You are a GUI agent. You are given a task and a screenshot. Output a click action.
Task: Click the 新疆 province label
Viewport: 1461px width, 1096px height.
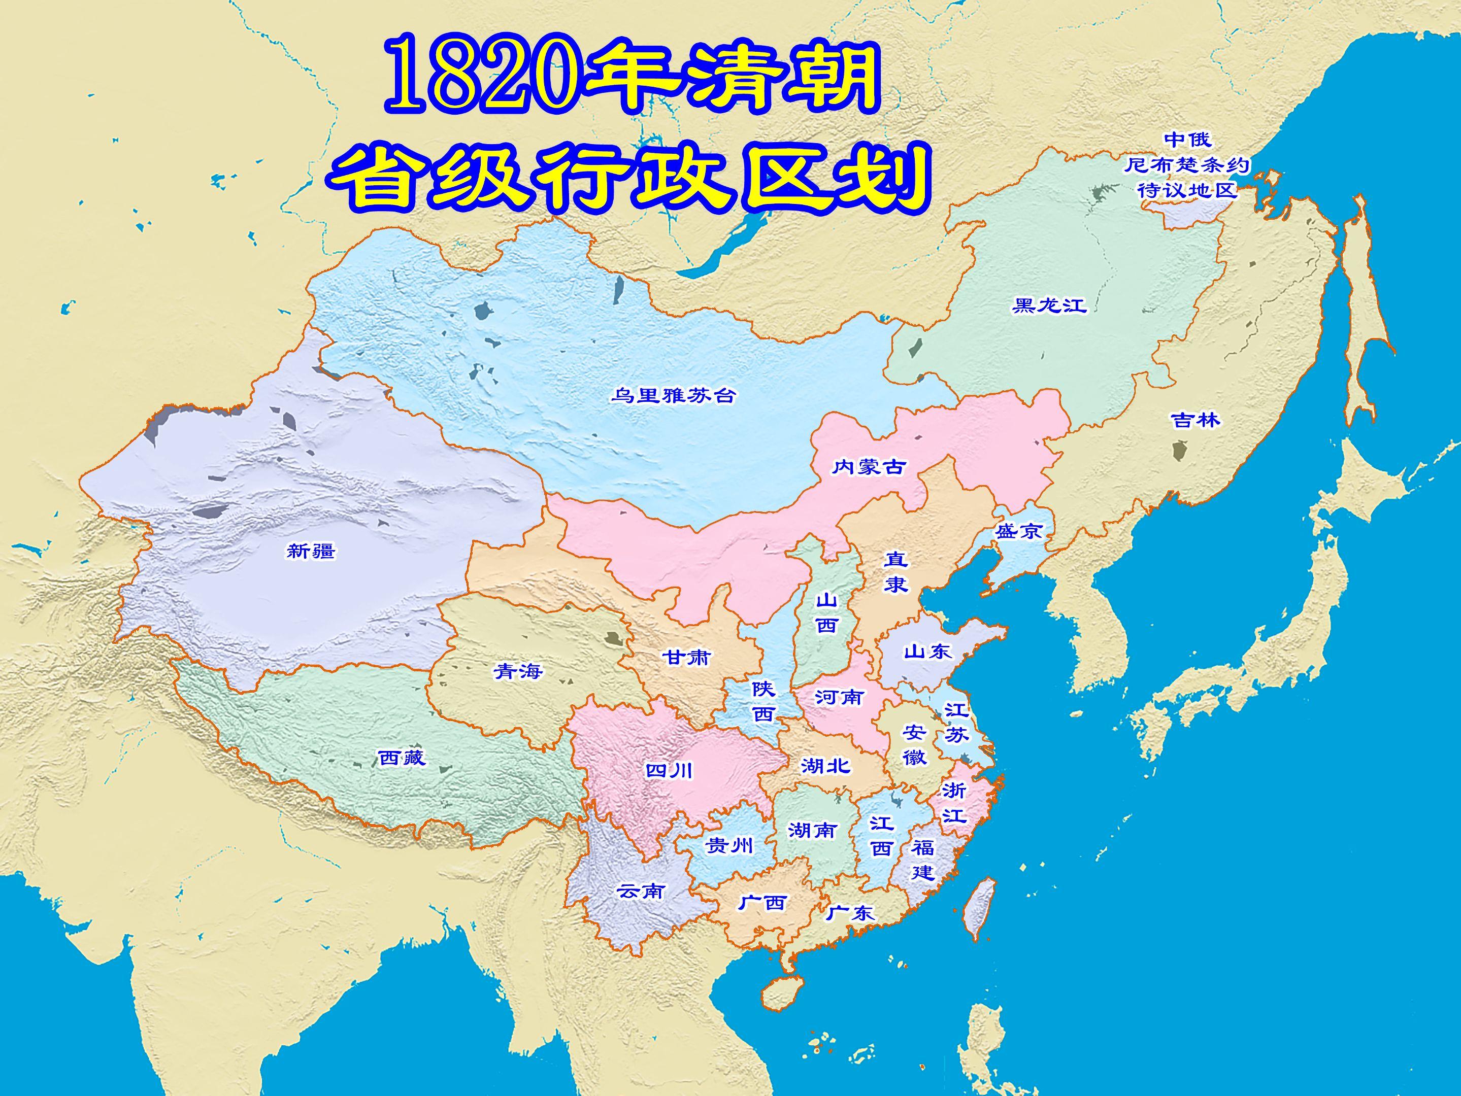[311, 550]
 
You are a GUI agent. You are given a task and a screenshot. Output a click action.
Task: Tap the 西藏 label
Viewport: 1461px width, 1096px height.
[402, 757]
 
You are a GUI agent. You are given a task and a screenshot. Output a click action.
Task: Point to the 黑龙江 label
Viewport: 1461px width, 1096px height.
[1049, 305]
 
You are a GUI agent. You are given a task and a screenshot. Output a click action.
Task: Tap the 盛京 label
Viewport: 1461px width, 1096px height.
[1018, 530]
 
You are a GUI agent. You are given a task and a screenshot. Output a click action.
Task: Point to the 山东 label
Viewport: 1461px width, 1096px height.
[928, 652]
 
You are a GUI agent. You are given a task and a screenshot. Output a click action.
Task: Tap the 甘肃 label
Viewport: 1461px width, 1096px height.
[687, 657]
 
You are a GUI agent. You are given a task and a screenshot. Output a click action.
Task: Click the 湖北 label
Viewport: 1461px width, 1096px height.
[825, 766]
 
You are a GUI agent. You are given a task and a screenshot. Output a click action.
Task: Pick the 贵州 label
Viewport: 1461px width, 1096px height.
[728, 845]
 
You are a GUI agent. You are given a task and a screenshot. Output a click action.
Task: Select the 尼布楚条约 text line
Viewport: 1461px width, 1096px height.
[1187, 165]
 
